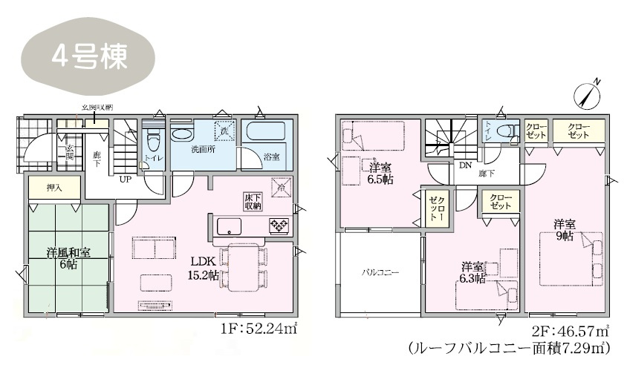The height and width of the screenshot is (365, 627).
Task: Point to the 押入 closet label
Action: click(x=54, y=188)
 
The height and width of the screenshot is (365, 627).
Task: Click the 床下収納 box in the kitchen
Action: click(x=253, y=201)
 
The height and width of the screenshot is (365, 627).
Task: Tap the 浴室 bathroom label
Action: click(x=271, y=157)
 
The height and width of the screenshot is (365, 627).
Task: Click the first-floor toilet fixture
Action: click(x=153, y=139)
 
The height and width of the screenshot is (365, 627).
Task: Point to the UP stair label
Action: click(x=126, y=180)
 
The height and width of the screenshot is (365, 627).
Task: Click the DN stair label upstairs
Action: click(x=466, y=164)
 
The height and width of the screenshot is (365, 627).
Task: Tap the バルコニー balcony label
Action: click(x=380, y=273)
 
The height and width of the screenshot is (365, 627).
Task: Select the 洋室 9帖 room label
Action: click(x=562, y=229)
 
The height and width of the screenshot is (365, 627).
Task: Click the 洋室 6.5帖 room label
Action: click(x=381, y=173)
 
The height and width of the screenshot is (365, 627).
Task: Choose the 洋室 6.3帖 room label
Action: click(x=473, y=272)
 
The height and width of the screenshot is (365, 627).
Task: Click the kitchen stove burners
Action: click(x=279, y=226)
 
